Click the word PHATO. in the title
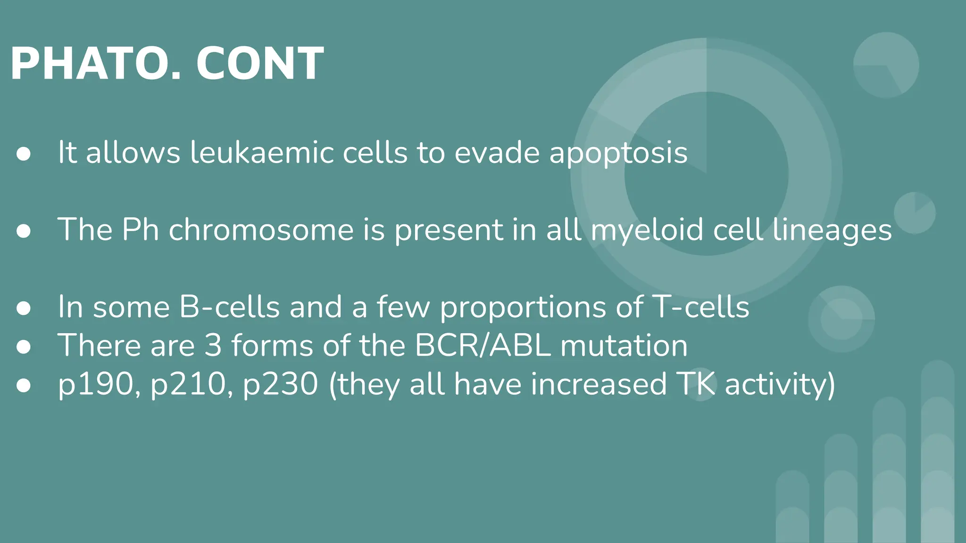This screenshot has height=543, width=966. [94, 64]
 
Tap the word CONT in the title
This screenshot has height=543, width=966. [260, 64]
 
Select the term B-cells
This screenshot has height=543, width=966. [229, 307]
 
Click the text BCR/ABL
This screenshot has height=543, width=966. [483, 346]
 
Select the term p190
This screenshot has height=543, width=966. [96, 385]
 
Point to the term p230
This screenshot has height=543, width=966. [280, 385]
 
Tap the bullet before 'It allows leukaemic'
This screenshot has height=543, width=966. [23, 154]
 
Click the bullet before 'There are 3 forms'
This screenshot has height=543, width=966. [23, 347]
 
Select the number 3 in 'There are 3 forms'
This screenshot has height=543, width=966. [213, 346]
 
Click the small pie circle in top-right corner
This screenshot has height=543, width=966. [886, 65]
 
